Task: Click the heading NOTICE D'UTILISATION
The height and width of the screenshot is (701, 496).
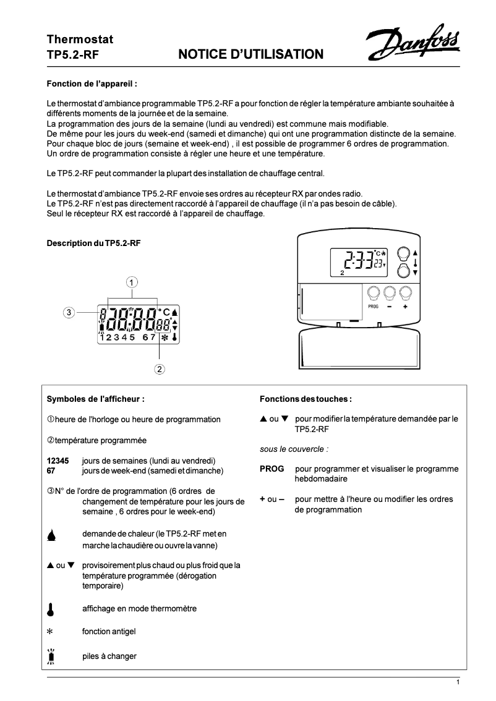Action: click(250, 55)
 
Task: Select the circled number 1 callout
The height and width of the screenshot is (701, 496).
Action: click(132, 282)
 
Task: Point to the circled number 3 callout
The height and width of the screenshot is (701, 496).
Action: click(70, 312)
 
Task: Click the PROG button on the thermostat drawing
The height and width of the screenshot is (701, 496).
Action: click(373, 292)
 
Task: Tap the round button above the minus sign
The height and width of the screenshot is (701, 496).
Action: click(390, 292)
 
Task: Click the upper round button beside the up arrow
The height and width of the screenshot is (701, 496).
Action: click(403, 253)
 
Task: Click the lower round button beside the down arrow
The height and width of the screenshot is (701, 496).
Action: click(403, 270)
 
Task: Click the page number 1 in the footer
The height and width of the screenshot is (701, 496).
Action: click(458, 682)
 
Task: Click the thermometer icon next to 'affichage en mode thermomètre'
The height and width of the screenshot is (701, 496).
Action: click(51, 608)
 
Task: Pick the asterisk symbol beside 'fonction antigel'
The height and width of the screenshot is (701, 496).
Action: click(51, 632)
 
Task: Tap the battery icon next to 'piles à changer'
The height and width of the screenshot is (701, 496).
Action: click(51, 656)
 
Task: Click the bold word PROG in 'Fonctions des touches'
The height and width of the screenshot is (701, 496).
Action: click(272, 469)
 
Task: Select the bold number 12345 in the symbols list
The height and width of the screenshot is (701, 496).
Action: click(58, 461)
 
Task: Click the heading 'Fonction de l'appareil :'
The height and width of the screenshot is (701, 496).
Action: click(92, 83)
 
